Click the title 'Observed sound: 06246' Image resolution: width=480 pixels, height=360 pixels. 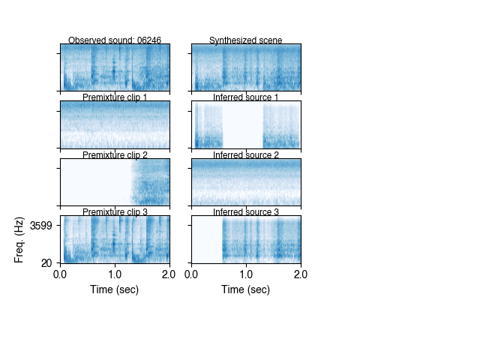115,40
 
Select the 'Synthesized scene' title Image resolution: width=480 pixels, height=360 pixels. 246,40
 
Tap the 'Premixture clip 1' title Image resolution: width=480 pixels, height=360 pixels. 115,97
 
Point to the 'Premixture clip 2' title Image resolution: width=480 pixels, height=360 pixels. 115,155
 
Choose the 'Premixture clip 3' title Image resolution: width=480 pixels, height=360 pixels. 115,212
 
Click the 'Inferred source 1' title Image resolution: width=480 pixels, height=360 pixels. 246,97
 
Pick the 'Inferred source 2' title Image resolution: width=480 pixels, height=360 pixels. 246,155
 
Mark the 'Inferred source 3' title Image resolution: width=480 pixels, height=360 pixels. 246,212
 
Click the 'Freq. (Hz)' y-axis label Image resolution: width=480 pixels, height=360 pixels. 20,239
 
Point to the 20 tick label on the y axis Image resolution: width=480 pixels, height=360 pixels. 46,262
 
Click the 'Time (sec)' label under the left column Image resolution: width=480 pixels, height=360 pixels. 115,289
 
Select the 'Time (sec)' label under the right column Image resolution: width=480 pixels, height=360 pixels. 246,289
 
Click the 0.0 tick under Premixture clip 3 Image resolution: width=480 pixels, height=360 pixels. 61,274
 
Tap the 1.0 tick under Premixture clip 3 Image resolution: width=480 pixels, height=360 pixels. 115,274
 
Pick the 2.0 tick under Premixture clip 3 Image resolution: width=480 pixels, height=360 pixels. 169,274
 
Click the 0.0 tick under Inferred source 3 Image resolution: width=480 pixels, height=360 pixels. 192,274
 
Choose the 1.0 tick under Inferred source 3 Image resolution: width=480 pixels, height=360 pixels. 246,274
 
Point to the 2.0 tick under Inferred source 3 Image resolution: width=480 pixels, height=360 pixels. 300,274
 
